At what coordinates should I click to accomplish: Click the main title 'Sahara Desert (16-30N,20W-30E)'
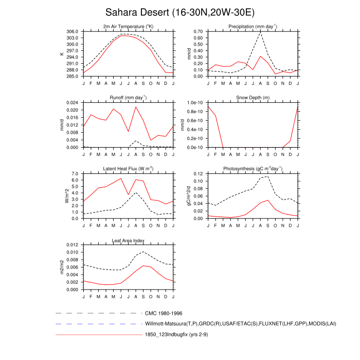(x=180, y=12)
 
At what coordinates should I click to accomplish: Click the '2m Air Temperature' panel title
(x=128, y=26)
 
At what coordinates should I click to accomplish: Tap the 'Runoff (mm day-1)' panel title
(x=128, y=97)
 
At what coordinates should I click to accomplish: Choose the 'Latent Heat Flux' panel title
(x=128, y=169)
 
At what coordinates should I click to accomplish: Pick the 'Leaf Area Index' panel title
(x=128, y=240)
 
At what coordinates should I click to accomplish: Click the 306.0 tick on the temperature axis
(x=73, y=31)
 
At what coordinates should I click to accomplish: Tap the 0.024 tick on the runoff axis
(x=71, y=103)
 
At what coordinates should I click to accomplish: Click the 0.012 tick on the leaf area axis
(x=71, y=245)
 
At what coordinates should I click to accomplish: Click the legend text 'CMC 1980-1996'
(x=164, y=313)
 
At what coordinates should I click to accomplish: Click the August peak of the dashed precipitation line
(x=261, y=32)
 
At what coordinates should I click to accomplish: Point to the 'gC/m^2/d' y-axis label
(x=189, y=196)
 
